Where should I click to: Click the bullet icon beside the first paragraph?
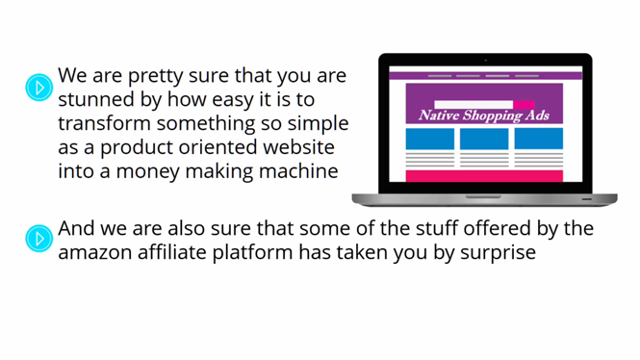click(39, 87)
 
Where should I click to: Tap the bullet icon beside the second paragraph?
click(39, 239)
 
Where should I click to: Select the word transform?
click(104, 123)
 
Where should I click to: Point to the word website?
click(298, 147)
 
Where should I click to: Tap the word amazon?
click(94, 252)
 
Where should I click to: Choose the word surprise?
click(498, 253)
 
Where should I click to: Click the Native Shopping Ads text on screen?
click(484, 116)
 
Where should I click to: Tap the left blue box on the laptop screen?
click(430, 139)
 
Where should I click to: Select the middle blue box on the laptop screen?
click(484, 139)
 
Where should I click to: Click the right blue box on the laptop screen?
click(538, 139)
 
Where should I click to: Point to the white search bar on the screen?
click(474, 105)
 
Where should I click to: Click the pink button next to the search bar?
click(524, 105)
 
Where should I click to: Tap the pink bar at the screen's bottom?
click(484, 176)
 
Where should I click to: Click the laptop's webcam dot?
click(485, 60)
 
